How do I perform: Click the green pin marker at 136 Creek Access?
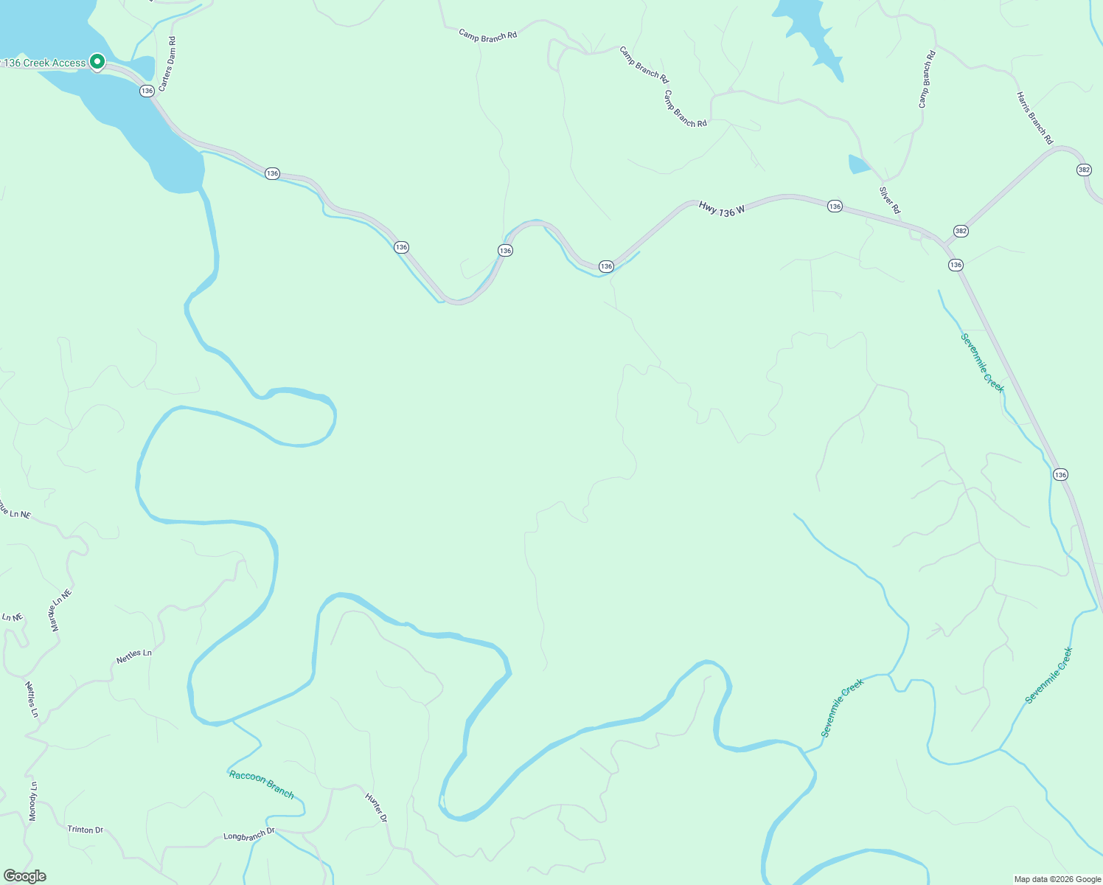pos(97,61)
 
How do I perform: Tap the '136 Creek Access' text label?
pos(45,63)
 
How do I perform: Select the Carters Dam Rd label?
pos(167,64)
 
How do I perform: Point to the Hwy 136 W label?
pos(722,209)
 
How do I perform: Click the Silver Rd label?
pos(890,200)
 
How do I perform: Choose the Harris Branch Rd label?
pos(1034,118)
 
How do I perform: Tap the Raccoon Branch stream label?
pos(262,784)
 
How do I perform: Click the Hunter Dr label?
pos(376,808)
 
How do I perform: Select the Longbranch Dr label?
pos(248,835)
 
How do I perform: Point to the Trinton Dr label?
pos(86,830)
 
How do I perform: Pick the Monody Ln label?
pos(32,801)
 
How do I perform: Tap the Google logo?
pos(25,876)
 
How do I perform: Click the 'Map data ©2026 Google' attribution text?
pos(1057,879)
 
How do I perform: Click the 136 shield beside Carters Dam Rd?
pos(147,91)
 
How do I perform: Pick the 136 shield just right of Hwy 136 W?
pos(835,206)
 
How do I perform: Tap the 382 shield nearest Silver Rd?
pos(960,231)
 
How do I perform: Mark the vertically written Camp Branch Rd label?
pos(927,80)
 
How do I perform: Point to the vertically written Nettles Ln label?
pos(31,699)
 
